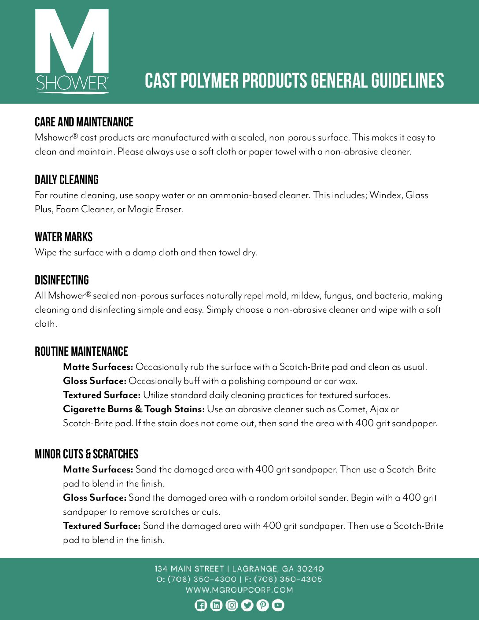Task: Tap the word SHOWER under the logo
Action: click(71, 83)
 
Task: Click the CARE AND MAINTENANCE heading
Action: click(84, 122)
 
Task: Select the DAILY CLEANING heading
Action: click(66, 180)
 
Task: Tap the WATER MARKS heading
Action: click(64, 237)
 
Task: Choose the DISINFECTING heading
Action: click(62, 280)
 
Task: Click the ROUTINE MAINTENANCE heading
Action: click(81, 351)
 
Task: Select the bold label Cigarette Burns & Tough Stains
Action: click(134, 409)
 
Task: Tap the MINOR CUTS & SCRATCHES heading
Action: click(86, 454)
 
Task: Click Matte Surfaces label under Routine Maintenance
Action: click(98, 367)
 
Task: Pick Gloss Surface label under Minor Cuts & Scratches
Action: click(95, 498)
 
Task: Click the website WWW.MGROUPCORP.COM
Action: click(239, 590)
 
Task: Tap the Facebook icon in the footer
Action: click(200, 605)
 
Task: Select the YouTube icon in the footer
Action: click(278, 605)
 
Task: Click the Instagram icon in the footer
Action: click(232, 605)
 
